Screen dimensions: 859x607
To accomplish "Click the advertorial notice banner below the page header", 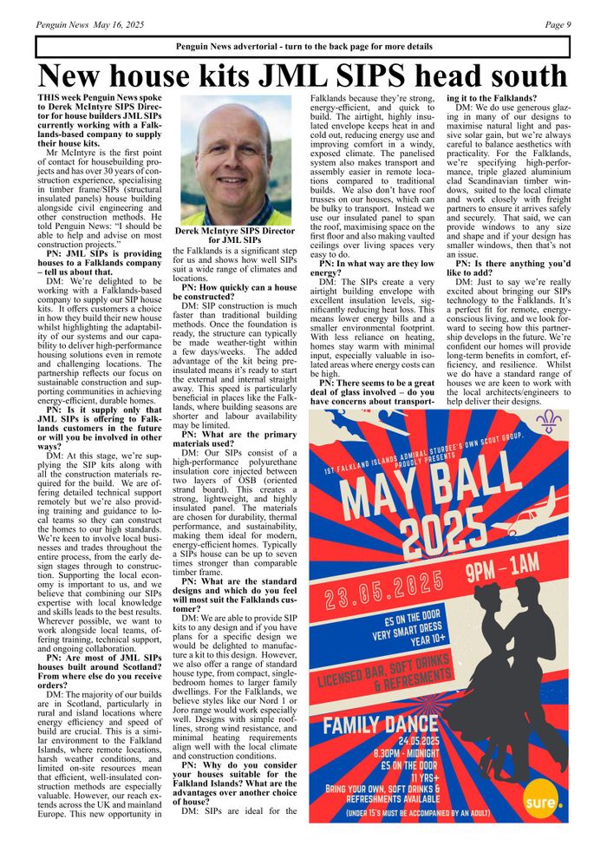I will [x=303, y=46].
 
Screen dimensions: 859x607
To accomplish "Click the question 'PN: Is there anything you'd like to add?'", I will [x=510, y=268].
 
